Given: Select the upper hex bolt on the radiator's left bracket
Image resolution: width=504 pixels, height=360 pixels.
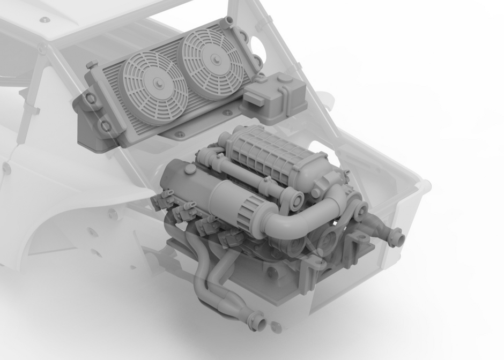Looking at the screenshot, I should pos(91,99).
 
